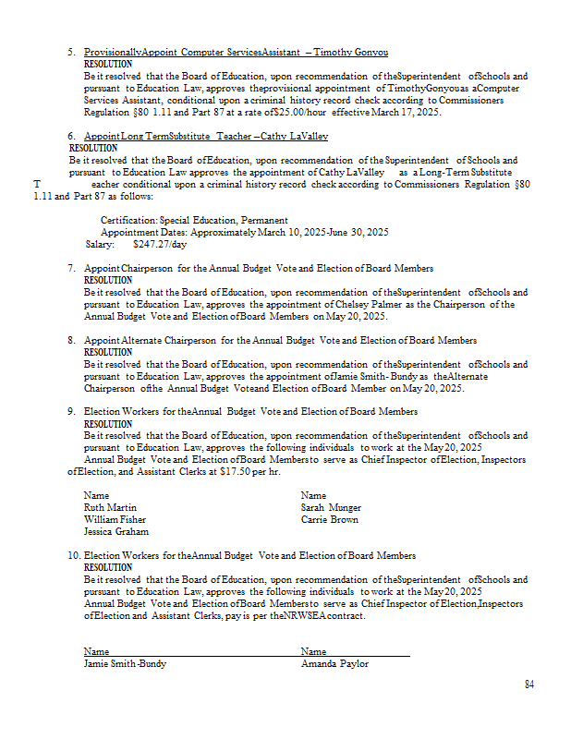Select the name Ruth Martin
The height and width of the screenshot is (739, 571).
click(110, 507)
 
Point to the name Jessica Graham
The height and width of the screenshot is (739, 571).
click(115, 531)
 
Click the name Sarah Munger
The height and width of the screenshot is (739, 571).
click(331, 507)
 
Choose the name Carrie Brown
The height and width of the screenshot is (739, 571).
click(329, 519)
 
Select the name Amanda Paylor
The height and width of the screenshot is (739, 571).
click(334, 663)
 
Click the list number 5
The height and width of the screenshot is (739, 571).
click(71, 53)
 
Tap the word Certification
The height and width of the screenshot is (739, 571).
click(128, 220)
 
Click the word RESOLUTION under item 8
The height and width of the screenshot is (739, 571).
click(108, 352)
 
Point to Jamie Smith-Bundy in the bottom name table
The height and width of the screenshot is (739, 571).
click(126, 663)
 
